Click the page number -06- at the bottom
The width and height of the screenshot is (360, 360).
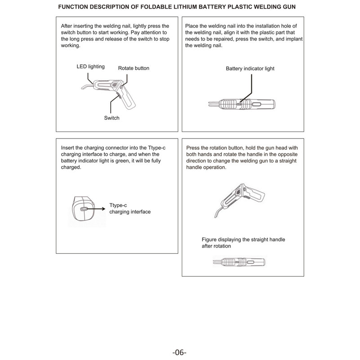click(179, 352)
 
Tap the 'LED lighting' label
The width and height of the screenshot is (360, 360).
click(90, 67)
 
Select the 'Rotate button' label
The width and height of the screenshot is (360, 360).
click(134, 68)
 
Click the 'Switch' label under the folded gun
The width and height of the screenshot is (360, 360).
click(112, 118)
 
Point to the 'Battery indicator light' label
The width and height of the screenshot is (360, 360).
click(250, 69)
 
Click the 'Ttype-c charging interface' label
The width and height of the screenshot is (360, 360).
click(130, 208)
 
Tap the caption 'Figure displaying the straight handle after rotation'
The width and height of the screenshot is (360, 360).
click(243, 243)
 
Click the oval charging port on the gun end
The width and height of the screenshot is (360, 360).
click(83, 209)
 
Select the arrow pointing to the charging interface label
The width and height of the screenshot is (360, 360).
click(97, 209)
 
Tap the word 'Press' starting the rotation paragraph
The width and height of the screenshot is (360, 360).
click(193, 148)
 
